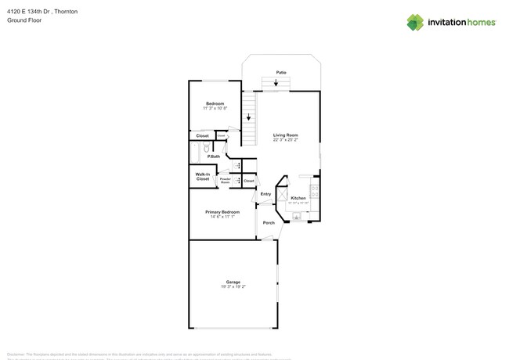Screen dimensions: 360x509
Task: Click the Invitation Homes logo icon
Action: (x=415, y=22)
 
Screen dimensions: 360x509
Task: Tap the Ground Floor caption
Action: (x=24, y=20)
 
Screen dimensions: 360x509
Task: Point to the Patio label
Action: (x=281, y=72)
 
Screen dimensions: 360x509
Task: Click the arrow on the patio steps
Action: (x=276, y=82)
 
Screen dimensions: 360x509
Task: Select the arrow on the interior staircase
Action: (x=249, y=117)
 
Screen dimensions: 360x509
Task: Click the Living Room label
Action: (x=286, y=135)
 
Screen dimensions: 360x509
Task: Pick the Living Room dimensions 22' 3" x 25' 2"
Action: (x=286, y=140)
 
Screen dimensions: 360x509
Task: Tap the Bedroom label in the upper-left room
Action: (x=215, y=103)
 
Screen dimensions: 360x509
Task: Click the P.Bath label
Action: (x=214, y=157)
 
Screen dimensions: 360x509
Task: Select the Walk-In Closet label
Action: (x=203, y=176)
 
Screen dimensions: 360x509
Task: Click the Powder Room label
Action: (x=225, y=181)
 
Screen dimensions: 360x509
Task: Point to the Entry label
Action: (x=265, y=194)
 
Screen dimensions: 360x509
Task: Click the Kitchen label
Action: (x=298, y=198)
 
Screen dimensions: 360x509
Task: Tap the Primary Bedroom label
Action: (x=222, y=212)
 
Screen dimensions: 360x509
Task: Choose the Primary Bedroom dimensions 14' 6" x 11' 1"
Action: (x=222, y=217)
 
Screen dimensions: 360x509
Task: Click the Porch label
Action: (x=269, y=223)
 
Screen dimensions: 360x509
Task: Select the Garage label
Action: (x=233, y=282)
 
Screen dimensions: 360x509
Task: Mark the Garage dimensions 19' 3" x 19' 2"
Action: (x=233, y=286)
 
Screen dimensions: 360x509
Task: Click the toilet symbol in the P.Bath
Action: (x=207, y=148)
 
